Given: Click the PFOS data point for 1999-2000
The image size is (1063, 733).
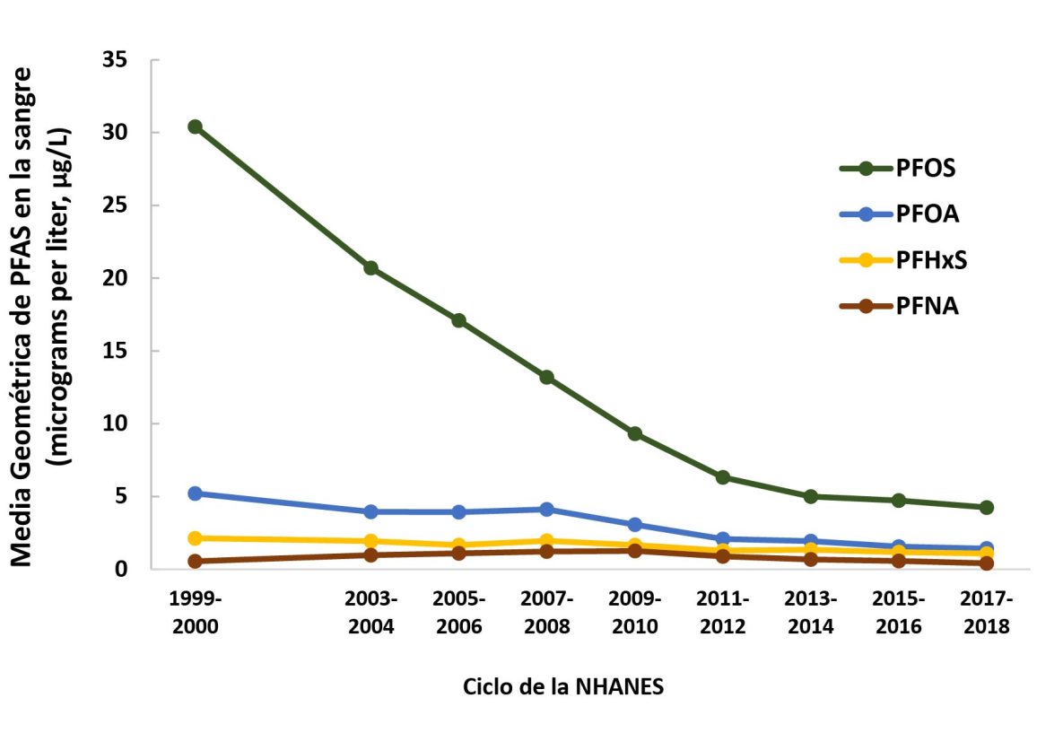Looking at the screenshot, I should point(195,127).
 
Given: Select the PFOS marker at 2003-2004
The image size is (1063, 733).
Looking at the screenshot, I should point(370,268).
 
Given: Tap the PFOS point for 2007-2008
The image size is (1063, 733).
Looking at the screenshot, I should point(546,377).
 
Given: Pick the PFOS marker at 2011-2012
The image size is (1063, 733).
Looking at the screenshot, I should point(722,477).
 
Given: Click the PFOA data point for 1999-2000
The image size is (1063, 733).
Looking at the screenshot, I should point(195,493).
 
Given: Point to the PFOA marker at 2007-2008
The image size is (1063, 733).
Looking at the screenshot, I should point(546,509).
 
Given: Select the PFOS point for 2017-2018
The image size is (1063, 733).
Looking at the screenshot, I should point(987,507).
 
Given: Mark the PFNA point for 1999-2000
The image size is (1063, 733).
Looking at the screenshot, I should point(195,561).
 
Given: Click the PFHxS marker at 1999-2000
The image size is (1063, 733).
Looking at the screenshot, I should point(195,538).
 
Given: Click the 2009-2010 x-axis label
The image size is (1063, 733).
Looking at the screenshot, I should point(634,613).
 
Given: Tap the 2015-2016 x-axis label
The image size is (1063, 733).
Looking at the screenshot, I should point(898,613).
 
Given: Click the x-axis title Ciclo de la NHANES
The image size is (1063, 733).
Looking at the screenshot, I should point(563,687).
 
